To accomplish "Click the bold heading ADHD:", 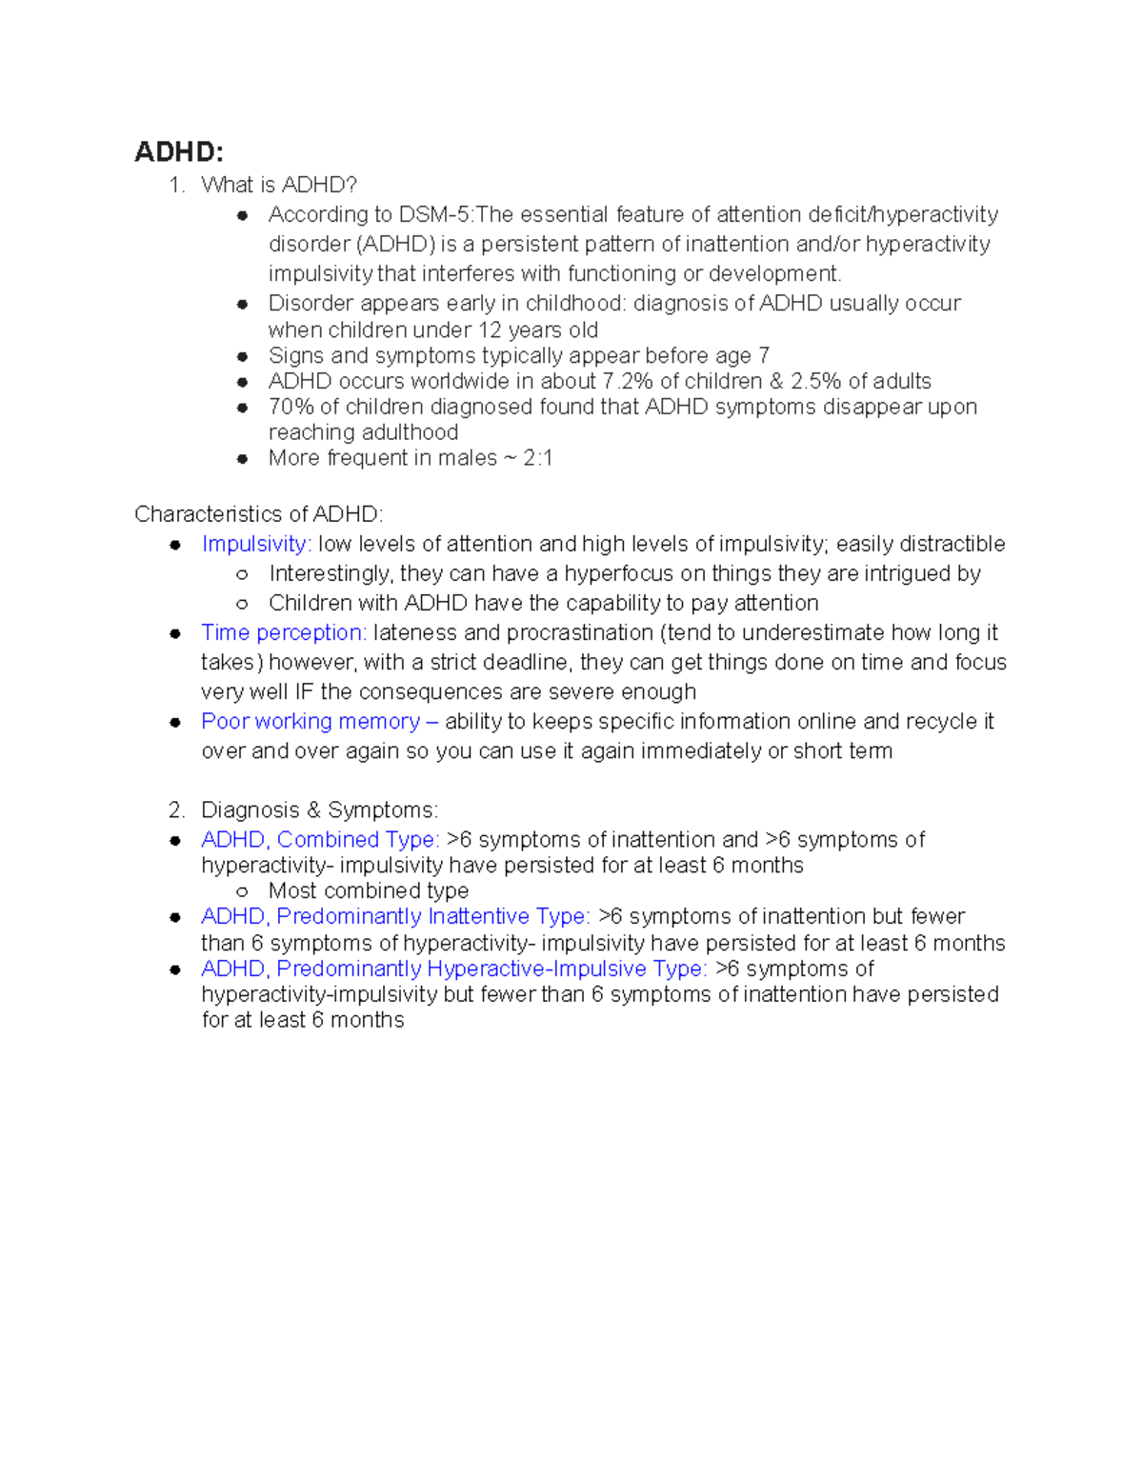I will click(179, 152).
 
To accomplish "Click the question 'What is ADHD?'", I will click(279, 185).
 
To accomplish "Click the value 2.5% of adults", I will click(815, 381).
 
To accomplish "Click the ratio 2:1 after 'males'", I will click(537, 458).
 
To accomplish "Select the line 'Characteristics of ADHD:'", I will click(258, 514).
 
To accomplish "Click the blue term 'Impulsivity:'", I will click(256, 544).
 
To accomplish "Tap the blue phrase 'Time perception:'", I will click(283, 632).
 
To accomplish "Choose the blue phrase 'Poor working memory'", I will click(311, 721).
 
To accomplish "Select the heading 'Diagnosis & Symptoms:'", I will click(319, 809).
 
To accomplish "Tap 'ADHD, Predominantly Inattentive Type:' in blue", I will click(395, 916).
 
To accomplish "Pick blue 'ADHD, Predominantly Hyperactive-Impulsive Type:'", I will click(453, 969).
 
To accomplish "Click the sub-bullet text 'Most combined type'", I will click(369, 890).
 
